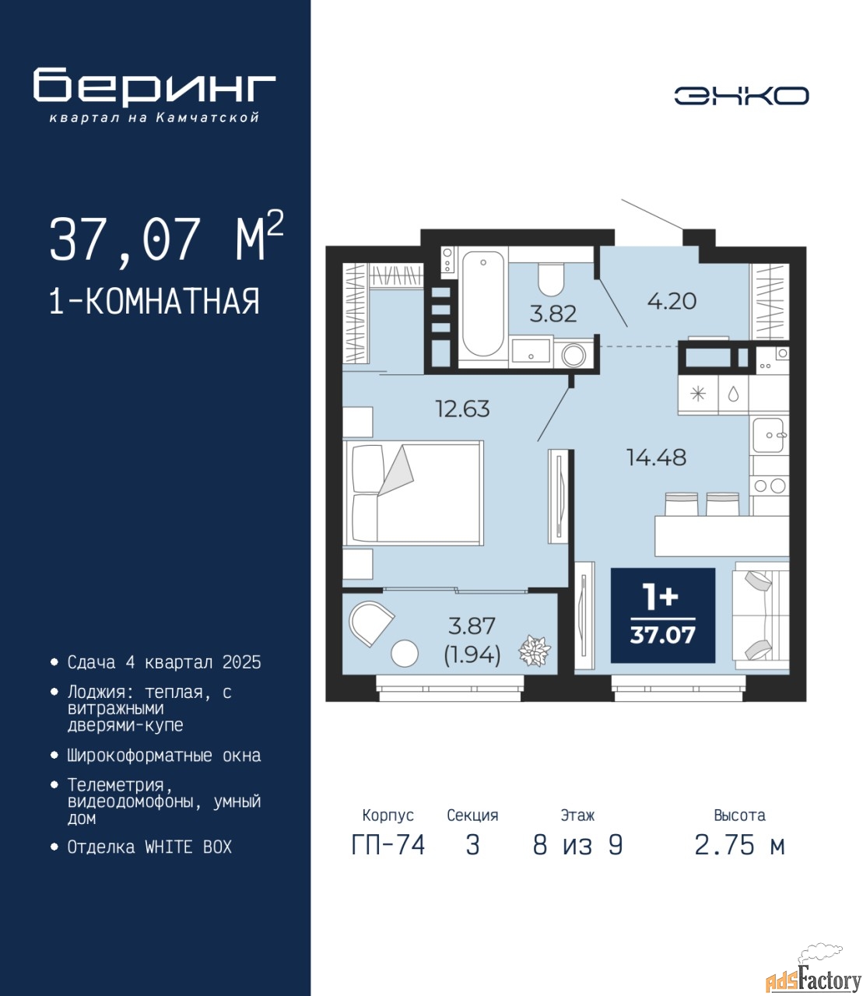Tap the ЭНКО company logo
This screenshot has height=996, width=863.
pos(741,96)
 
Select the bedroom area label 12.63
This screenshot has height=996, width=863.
pos(462,409)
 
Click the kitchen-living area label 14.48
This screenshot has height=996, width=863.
pos(656,458)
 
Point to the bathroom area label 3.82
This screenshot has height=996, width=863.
pos(553,314)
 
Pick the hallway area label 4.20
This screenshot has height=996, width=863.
pos(672,301)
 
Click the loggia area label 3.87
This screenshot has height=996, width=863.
pos(472,626)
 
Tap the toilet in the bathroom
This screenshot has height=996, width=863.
pos(551,280)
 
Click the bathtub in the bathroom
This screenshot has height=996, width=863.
pos(482,305)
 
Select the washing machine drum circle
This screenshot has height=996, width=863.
pos(574,356)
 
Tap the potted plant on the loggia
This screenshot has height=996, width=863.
pos(535,651)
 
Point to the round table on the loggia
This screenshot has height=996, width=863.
pos(405,654)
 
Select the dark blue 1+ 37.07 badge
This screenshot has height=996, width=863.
pos(662,615)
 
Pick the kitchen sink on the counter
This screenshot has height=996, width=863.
pos(769,436)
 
